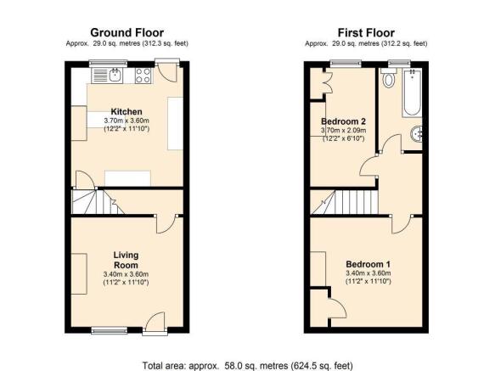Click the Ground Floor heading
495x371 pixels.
(127, 33)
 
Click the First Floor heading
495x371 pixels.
(366, 33)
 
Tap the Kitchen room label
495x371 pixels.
(127, 112)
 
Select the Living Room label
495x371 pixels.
(126, 260)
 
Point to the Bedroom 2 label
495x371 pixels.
(343, 121)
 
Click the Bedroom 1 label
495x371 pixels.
(368, 264)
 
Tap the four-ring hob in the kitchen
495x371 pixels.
(143, 76)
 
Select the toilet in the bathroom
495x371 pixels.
(388, 77)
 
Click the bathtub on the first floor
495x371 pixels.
(412, 93)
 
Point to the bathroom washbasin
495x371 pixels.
(416, 134)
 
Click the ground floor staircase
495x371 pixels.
(98, 202)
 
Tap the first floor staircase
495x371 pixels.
(345, 202)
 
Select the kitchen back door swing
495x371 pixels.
(167, 72)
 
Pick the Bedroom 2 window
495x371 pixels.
(346, 64)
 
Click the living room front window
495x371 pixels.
(110, 330)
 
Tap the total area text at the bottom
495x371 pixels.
(248, 366)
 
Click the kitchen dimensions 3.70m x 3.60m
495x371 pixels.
(127, 121)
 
